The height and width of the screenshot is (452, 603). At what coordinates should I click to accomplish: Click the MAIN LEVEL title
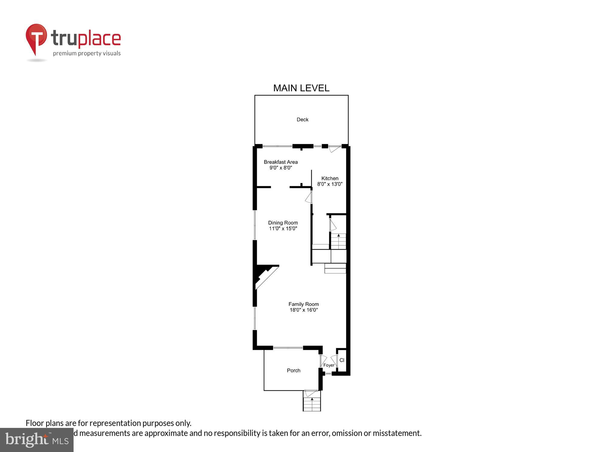point(301,88)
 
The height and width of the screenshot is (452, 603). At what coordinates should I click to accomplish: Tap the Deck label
point(302,120)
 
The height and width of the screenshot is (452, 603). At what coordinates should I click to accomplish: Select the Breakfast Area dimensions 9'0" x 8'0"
point(281,168)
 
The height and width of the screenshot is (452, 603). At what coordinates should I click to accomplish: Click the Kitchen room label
point(330,178)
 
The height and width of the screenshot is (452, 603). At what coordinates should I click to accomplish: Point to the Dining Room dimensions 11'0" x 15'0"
point(283,228)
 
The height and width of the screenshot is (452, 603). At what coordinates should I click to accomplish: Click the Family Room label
point(304,304)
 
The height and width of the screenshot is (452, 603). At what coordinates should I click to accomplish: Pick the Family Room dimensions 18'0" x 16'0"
point(304,310)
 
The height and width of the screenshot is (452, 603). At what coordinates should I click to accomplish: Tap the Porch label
point(293,370)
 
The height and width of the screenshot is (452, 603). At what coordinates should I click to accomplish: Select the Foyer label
point(329,365)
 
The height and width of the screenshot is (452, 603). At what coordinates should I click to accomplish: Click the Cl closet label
point(342,360)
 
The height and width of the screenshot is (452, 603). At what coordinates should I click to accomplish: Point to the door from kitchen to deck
point(334,149)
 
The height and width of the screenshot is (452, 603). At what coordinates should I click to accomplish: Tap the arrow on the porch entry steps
point(312,399)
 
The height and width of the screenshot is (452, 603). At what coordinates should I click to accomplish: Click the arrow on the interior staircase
point(339,235)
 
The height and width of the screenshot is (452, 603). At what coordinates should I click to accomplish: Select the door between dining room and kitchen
point(309,198)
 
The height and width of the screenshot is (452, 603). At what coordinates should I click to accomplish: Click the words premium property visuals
point(87,53)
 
